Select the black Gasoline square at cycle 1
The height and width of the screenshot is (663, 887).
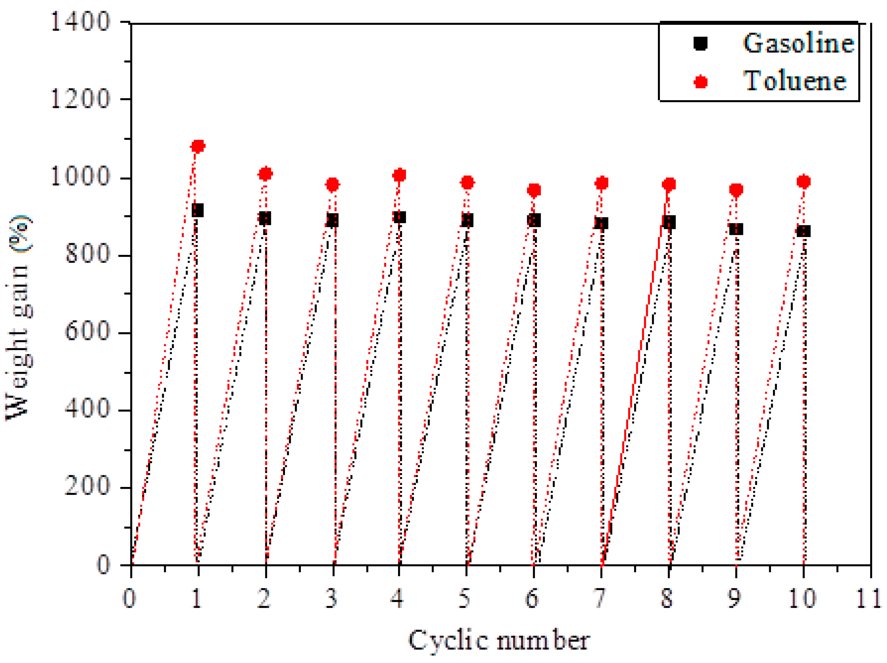click(197, 210)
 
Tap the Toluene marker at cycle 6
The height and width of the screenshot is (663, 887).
click(534, 190)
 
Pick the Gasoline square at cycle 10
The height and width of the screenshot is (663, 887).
click(803, 231)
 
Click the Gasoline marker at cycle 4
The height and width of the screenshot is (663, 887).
click(399, 217)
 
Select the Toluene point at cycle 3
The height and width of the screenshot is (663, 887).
click(332, 184)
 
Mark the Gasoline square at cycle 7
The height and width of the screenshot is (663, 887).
click(601, 223)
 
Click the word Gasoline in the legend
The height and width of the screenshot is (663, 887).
click(798, 43)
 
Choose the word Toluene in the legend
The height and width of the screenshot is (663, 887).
click(795, 81)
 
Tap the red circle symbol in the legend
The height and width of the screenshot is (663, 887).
click(701, 82)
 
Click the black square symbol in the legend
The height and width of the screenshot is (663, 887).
click(701, 43)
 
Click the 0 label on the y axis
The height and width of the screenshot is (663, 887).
click(104, 565)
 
